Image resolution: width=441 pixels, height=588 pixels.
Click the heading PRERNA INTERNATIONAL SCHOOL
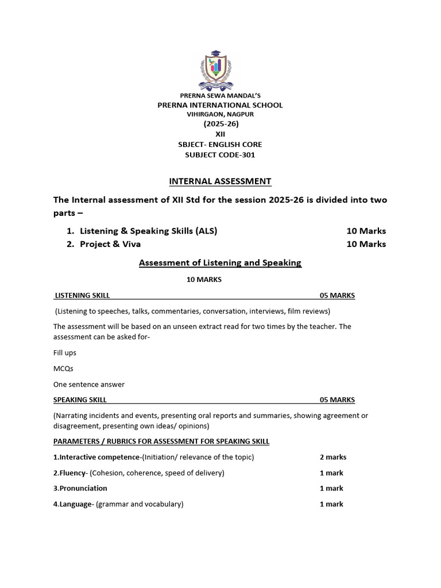tap(220, 105)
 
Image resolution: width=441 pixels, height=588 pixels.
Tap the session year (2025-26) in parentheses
tap(220, 124)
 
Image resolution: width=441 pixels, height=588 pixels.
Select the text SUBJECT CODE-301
tap(220, 154)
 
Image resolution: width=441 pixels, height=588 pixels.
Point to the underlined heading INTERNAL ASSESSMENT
tap(220, 181)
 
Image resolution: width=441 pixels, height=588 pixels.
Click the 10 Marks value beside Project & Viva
tap(366, 244)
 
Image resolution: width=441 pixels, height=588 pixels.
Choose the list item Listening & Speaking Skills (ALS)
tap(148, 231)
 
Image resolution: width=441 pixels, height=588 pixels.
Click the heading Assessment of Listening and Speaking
tap(220, 263)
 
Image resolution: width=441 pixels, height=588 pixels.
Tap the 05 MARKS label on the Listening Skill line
tap(337, 296)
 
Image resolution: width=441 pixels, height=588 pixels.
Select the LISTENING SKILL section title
tap(82, 296)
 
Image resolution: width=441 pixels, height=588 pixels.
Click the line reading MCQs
tap(63, 369)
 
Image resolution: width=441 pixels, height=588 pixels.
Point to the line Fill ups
tap(65, 353)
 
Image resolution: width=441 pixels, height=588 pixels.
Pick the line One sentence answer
tap(89, 384)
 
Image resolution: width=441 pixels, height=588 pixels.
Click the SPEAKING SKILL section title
tap(80, 400)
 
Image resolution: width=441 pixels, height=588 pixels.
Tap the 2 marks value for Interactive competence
tap(333, 458)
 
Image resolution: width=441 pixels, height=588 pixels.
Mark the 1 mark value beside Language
tap(331, 504)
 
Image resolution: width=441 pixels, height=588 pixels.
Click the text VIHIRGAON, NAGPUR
tap(220, 114)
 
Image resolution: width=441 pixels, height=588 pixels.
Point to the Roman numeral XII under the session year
tap(220, 134)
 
